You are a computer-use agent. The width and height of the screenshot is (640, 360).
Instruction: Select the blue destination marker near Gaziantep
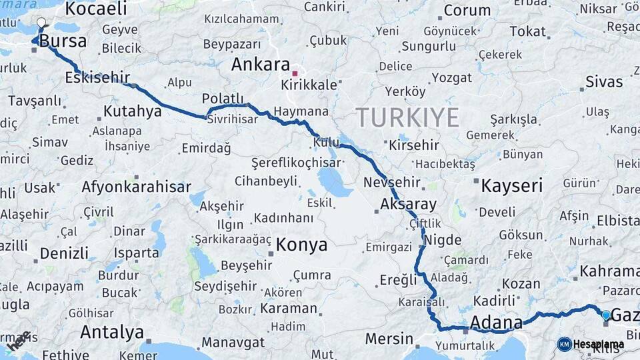click(605, 315)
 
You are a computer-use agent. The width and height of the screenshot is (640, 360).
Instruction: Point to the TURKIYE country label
click(407, 117)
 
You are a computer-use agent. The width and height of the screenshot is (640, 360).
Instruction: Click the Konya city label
click(301, 245)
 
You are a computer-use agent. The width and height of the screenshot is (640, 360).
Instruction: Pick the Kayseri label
click(511, 186)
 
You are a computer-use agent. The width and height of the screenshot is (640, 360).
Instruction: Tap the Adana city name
click(496, 323)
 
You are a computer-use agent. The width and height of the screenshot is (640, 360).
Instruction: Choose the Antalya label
click(111, 331)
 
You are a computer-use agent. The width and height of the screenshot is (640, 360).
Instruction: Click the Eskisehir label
click(97, 77)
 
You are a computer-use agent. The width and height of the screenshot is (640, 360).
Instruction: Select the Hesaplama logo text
click(598, 344)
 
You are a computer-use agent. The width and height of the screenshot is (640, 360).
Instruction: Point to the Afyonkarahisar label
click(136, 187)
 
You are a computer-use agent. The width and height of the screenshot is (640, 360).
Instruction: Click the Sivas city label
click(604, 82)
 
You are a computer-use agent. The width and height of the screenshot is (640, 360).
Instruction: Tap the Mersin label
click(389, 339)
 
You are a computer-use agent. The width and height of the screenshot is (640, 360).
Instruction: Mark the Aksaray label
click(408, 204)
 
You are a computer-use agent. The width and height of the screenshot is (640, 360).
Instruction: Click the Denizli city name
click(64, 253)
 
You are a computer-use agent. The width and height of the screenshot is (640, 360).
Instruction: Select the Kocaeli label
click(96, 9)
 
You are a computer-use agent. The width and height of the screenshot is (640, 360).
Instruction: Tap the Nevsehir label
click(392, 182)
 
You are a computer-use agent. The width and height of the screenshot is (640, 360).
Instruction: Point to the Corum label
click(467, 10)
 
